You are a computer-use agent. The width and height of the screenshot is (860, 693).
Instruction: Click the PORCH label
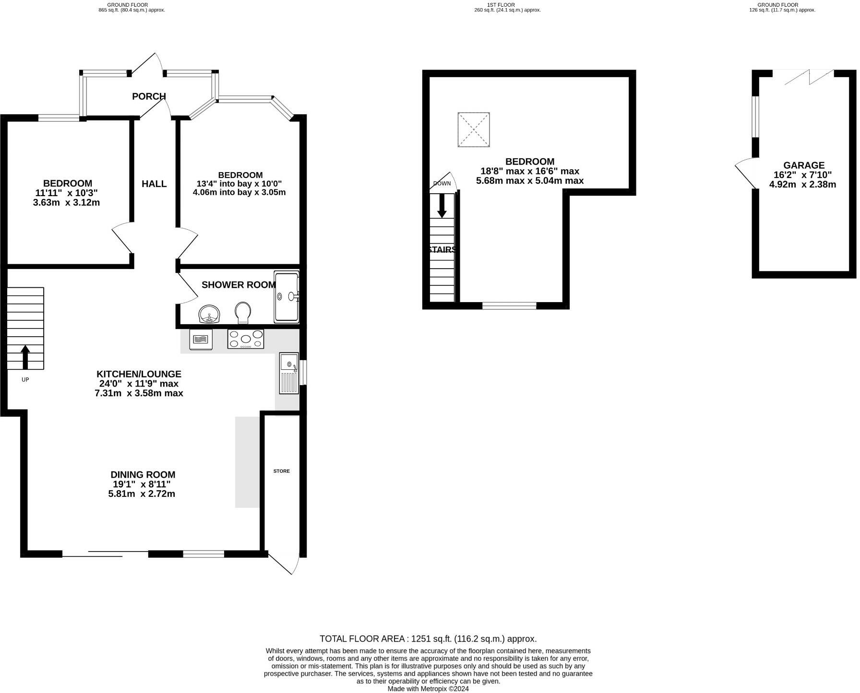pos(149,96)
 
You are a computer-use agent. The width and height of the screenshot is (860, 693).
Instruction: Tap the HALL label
pos(154,184)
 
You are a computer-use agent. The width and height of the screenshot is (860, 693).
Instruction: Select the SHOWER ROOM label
pos(239,285)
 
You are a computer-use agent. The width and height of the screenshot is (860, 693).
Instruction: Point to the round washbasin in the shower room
pos(209,315)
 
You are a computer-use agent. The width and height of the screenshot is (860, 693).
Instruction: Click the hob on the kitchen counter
pos(246,339)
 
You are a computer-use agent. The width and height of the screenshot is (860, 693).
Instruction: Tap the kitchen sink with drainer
pos(289,373)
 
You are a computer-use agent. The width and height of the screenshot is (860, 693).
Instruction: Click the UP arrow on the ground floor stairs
pos(25,357)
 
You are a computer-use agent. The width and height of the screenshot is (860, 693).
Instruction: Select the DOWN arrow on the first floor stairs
pos(442,205)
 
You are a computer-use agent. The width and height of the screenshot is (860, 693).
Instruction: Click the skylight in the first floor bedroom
pos(474,129)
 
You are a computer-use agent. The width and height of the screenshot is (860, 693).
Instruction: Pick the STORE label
pos(282,471)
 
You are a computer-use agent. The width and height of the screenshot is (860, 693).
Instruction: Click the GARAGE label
pos(804,165)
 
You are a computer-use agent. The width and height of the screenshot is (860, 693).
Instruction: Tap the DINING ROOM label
pos(143,475)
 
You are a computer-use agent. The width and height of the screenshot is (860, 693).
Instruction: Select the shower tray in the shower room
pos(287,297)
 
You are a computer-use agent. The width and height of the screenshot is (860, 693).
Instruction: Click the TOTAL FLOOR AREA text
pos(428,639)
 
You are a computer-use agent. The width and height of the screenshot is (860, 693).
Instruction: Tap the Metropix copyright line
pos(428,689)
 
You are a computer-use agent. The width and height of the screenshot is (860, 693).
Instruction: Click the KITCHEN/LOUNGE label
pos(139,374)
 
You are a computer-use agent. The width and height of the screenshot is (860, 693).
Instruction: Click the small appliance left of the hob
pos(201,340)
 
